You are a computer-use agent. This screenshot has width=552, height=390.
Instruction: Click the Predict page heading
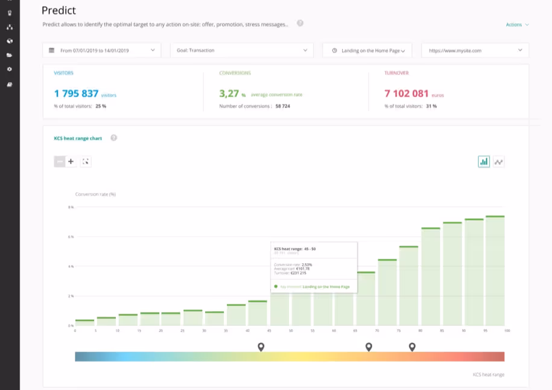tap(59, 10)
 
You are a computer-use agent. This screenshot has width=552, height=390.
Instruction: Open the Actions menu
tap(516, 25)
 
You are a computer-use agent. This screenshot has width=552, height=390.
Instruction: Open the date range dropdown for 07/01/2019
tap(101, 50)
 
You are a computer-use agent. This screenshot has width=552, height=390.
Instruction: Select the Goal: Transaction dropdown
tap(241, 50)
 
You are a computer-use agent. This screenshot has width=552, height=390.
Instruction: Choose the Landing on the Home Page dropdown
tap(367, 51)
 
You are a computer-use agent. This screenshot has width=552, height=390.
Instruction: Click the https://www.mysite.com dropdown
tap(474, 51)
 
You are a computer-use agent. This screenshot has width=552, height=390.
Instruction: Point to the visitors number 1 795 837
tap(76, 94)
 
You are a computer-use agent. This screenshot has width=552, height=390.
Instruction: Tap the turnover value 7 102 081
tap(406, 94)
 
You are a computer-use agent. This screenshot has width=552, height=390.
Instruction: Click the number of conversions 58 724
tap(282, 106)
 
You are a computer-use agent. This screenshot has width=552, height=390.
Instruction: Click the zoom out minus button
tap(60, 161)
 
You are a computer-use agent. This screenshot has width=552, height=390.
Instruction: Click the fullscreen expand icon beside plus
tap(85, 161)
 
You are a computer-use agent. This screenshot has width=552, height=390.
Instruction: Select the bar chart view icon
tap(484, 161)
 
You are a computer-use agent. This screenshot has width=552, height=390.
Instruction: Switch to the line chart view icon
tap(499, 161)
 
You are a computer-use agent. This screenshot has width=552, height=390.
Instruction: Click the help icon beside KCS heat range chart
tap(113, 138)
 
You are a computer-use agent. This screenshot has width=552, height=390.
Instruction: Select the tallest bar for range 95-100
tap(495, 272)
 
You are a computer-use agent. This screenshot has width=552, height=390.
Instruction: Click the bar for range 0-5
tap(84, 322)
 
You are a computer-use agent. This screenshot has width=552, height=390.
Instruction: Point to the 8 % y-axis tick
tap(71, 207)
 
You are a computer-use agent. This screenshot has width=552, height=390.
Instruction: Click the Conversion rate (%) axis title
tap(95, 194)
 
